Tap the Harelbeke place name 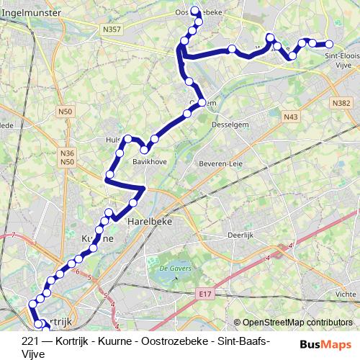(x=147, y=222)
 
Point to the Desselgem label (x=230, y=124)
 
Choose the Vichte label (x=346, y=294)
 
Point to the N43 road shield (x=290, y=116)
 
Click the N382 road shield (x=341, y=104)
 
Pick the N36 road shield (x=68, y=153)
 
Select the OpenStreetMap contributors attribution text (x=299, y=322)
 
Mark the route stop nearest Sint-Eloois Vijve (x=329, y=45)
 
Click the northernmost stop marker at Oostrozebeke (x=194, y=10)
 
